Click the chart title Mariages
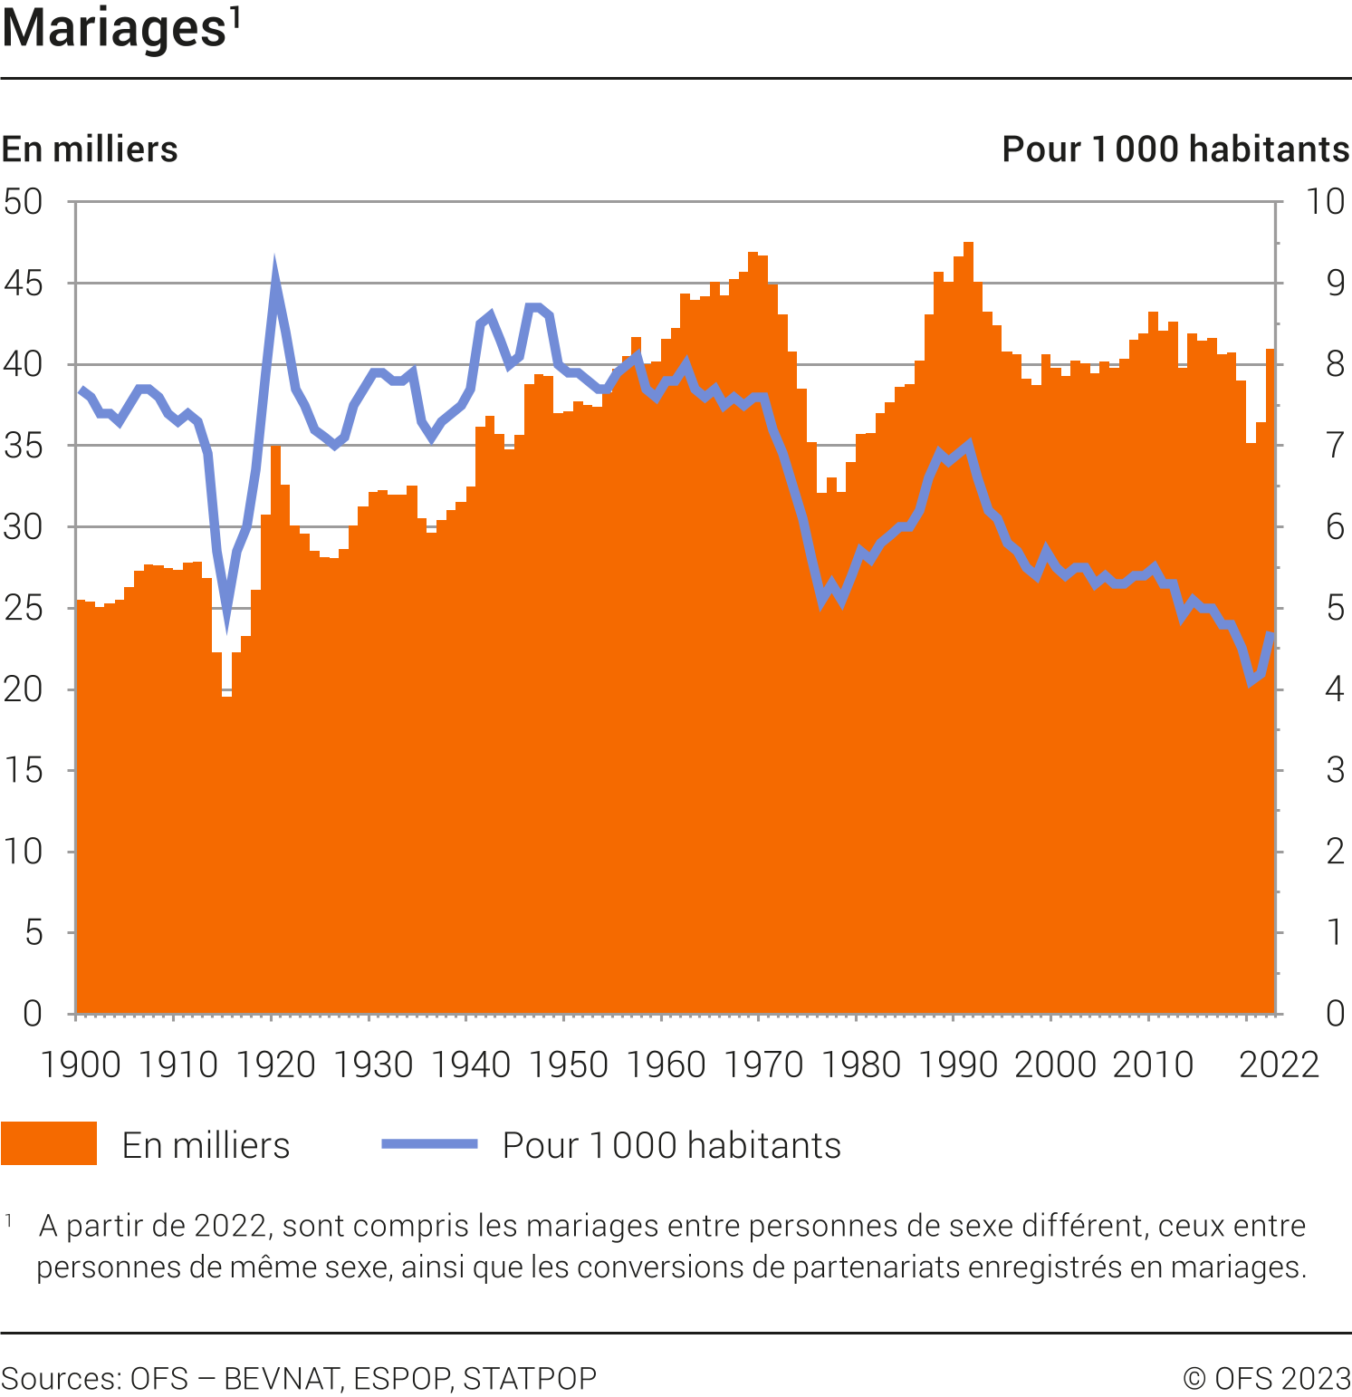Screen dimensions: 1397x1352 point(113,29)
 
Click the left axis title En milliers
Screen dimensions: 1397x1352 point(90,149)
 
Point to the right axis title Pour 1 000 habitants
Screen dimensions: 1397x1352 point(1175,149)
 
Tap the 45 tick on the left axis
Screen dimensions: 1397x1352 point(24,284)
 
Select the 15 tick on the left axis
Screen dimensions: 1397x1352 point(24,770)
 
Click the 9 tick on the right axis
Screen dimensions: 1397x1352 point(1335,284)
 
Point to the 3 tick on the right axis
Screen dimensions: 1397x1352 point(1335,770)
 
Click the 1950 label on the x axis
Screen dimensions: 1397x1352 point(568,1065)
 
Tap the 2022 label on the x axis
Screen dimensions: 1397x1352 point(1279,1065)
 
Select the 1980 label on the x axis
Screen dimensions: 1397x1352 point(860,1065)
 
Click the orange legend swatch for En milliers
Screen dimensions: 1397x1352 point(49,1143)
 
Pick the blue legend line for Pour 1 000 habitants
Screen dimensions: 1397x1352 point(429,1143)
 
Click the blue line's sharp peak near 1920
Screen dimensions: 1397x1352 point(274,268)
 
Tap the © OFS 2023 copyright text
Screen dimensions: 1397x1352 point(1266,1379)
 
